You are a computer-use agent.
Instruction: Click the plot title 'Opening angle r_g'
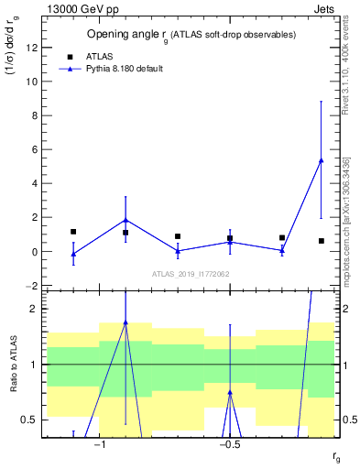(x=191, y=34)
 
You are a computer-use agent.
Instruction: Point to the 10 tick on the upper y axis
(x=33, y=81)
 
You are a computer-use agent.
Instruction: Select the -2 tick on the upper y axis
(x=34, y=286)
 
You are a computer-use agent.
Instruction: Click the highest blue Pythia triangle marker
(x=321, y=160)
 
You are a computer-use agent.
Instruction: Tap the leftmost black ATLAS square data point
(x=73, y=232)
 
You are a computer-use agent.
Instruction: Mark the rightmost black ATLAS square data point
(x=321, y=241)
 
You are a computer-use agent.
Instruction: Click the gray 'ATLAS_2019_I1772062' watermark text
(x=190, y=274)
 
